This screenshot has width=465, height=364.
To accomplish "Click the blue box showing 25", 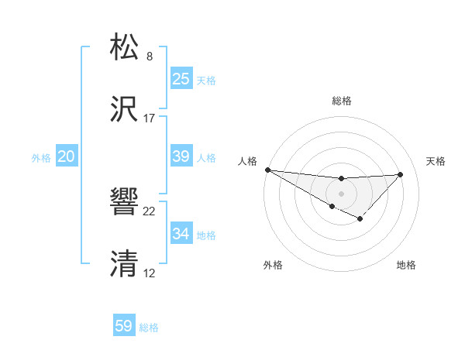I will coord(181,78).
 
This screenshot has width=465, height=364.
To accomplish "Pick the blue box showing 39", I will coord(181,156).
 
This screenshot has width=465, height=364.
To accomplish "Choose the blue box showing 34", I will coord(181,233).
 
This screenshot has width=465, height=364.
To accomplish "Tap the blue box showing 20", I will coord(67,156).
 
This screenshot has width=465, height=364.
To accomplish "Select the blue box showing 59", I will coord(124,326).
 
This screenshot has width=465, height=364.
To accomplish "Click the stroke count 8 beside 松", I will coord(150,57).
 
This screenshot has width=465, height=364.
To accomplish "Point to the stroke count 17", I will coord(150,118).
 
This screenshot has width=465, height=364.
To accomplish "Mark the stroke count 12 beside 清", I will coord(150,273).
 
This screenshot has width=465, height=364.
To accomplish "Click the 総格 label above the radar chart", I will coord(342,101).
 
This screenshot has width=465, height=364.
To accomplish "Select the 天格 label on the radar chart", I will coord(436,161).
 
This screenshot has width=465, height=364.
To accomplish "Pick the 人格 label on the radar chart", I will coord(247,161).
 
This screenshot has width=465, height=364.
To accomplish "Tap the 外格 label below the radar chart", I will coord(273,265).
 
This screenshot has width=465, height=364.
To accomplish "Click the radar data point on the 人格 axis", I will coord(267,170).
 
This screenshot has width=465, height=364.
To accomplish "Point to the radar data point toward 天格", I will coord(400,174).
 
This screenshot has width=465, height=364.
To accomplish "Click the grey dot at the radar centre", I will coord(341,193).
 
